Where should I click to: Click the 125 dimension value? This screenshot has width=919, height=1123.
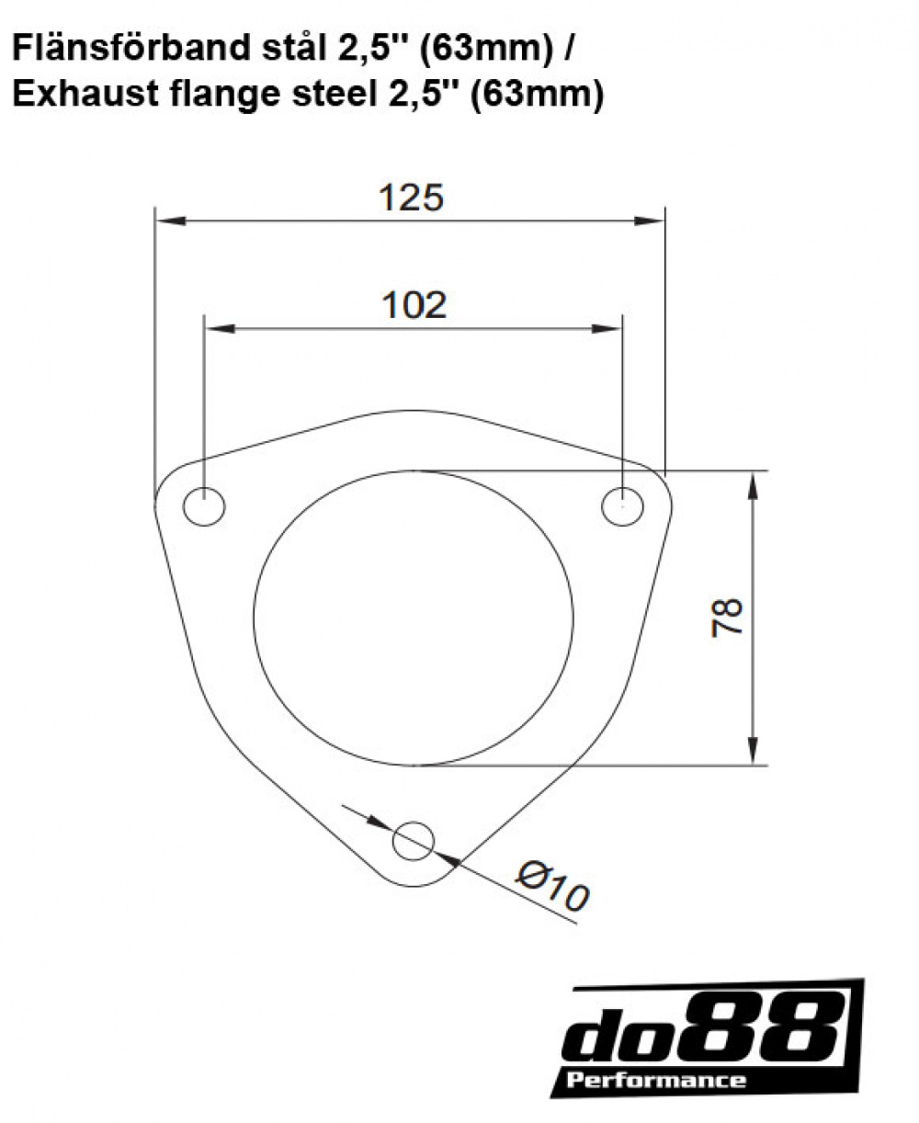pos(411,197)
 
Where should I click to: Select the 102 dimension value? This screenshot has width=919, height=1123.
pos(414,304)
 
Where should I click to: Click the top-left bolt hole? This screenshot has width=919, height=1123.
pos(204,507)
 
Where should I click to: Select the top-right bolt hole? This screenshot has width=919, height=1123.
pos(622,506)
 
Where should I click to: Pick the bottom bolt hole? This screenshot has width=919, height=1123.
pos(414,839)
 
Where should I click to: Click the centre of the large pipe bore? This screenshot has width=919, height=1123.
pos(414,618)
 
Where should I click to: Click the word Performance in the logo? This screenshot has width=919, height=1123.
pos(656,1080)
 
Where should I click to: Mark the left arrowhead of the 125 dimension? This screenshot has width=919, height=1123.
pos(165,221)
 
